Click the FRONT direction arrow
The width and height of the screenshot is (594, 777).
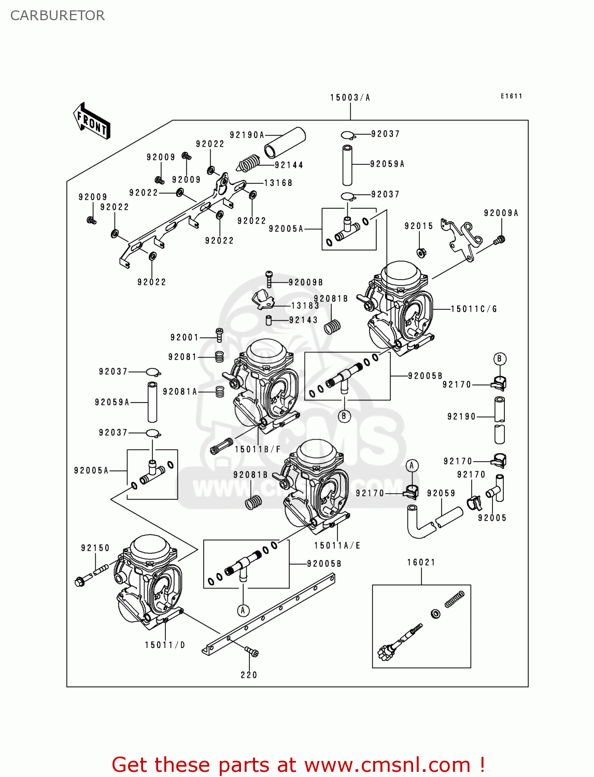92,121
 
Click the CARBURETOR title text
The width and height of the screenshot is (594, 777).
58,16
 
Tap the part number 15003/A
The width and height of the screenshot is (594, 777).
350,97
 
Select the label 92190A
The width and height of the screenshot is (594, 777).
247,135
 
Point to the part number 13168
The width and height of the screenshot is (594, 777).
278,183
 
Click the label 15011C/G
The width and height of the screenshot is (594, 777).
474,309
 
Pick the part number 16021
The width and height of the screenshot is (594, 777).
421,562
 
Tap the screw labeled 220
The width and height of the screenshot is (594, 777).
251,652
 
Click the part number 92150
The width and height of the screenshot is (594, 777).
95,548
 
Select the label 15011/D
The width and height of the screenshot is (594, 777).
165,645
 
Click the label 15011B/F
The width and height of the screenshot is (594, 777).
258,449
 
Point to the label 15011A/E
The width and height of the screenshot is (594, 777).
337,545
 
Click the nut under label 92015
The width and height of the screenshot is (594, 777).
421,253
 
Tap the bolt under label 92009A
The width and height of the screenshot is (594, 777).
500,240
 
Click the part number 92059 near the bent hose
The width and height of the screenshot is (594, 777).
441,493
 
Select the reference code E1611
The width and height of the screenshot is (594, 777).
511,96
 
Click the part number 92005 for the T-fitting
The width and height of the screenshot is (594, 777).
492,517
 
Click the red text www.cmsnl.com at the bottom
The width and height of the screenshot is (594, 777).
387,765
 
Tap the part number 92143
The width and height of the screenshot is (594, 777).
303,320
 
